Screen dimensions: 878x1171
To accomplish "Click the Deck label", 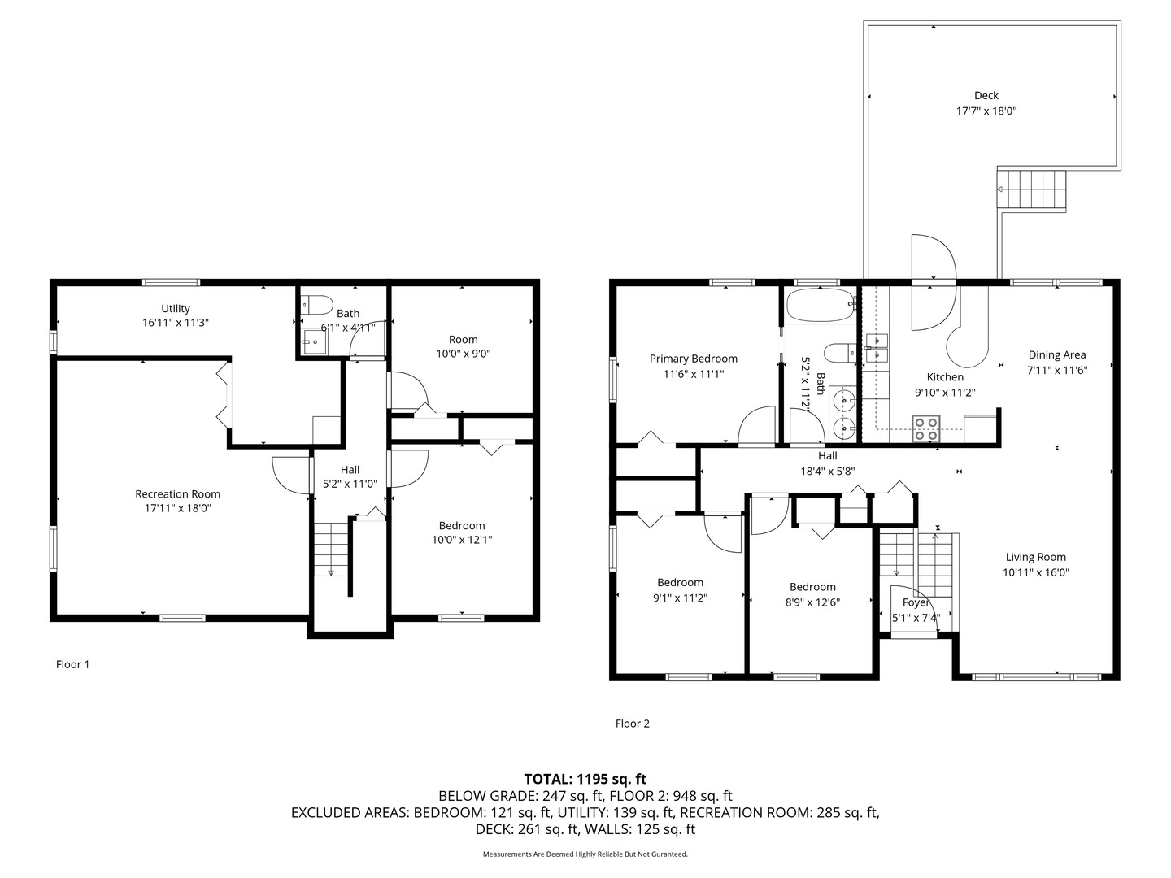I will pos(986,95).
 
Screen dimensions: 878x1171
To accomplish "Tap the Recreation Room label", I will pos(177,493).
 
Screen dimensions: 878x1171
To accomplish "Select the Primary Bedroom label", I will pos(693,359).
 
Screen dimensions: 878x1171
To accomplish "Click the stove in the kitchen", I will pos(925,428).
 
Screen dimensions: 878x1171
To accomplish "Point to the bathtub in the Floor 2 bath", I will pos(821,306).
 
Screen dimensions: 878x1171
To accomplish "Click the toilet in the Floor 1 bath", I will pos(317,306).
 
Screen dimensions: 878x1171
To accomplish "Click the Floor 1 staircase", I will pos(331,550).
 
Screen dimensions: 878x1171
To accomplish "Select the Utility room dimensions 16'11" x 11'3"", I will pos(176,323).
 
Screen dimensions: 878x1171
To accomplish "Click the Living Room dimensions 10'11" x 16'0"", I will pos(1035,572).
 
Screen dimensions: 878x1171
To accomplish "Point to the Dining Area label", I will pos(1056,354).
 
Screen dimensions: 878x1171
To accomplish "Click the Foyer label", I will pos(916,602).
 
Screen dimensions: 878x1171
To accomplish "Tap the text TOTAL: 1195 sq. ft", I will pos(585,779).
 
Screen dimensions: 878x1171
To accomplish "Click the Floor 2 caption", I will pos(632,724).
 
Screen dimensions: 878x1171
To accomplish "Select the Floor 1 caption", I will pos(72,664).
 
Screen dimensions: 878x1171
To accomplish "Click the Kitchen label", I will pos(945,377).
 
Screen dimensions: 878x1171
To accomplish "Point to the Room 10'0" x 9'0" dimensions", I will pos(463,354).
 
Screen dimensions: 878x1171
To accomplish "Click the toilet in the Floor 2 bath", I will pos(838,353).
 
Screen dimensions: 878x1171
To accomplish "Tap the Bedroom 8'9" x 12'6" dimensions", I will pos(812,602).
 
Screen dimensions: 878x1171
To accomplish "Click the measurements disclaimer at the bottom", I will pos(585,854).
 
